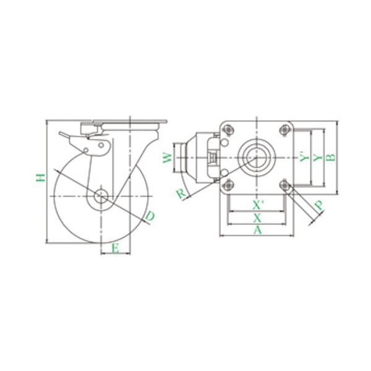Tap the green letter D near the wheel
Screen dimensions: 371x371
[150, 216]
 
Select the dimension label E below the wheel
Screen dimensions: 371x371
[115, 249]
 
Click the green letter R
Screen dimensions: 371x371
[181, 194]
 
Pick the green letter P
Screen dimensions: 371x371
[318, 205]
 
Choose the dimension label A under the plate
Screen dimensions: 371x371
[258, 230]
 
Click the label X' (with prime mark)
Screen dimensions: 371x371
[258, 205]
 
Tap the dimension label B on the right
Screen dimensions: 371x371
[331, 157]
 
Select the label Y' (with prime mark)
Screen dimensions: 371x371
[304, 157]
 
